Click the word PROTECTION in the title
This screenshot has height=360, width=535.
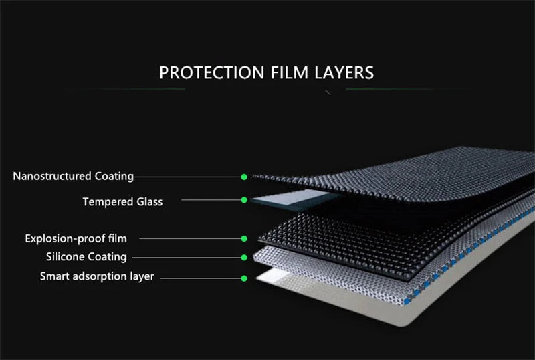point(211,72)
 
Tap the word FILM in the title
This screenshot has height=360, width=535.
point(290,72)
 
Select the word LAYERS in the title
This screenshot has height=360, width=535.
point(344,72)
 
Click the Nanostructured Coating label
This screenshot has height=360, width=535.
point(74,176)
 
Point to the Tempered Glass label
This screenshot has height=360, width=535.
point(122,201)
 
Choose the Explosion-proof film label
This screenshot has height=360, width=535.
point(76,238)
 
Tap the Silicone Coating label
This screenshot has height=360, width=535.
point(86,256)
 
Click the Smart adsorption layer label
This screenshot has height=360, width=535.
point(97,276)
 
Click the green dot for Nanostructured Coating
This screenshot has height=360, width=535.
point(244,177)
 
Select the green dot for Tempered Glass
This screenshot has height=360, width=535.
point(244,200)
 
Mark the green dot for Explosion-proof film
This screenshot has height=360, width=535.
point(244,238)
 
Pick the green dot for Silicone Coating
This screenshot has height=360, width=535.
point(244,257)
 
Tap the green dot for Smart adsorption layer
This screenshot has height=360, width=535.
point(244,278)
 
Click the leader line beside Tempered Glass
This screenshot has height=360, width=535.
point(211,200)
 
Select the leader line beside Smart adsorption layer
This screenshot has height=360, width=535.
point(201,278)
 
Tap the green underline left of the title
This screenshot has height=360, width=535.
point(124,89)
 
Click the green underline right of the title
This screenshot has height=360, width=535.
point(408,89)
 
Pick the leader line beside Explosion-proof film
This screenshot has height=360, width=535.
point(191,238)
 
